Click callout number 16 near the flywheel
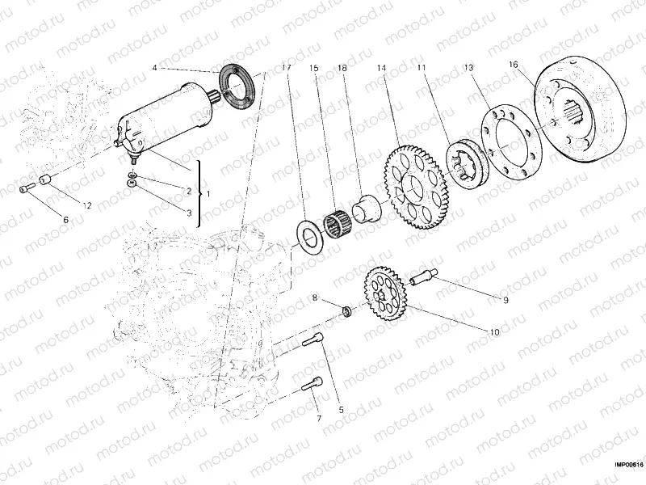tap(513, 63)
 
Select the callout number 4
tap(154, 68)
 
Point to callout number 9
tap(505, 301)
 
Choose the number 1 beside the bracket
tap(209, 195)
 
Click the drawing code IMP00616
tap(627, 464)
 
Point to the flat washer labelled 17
tap(308, 233)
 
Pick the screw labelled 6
tap(28, 188)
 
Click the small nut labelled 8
tap(346, 310)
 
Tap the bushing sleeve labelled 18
tap(367, 209)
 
